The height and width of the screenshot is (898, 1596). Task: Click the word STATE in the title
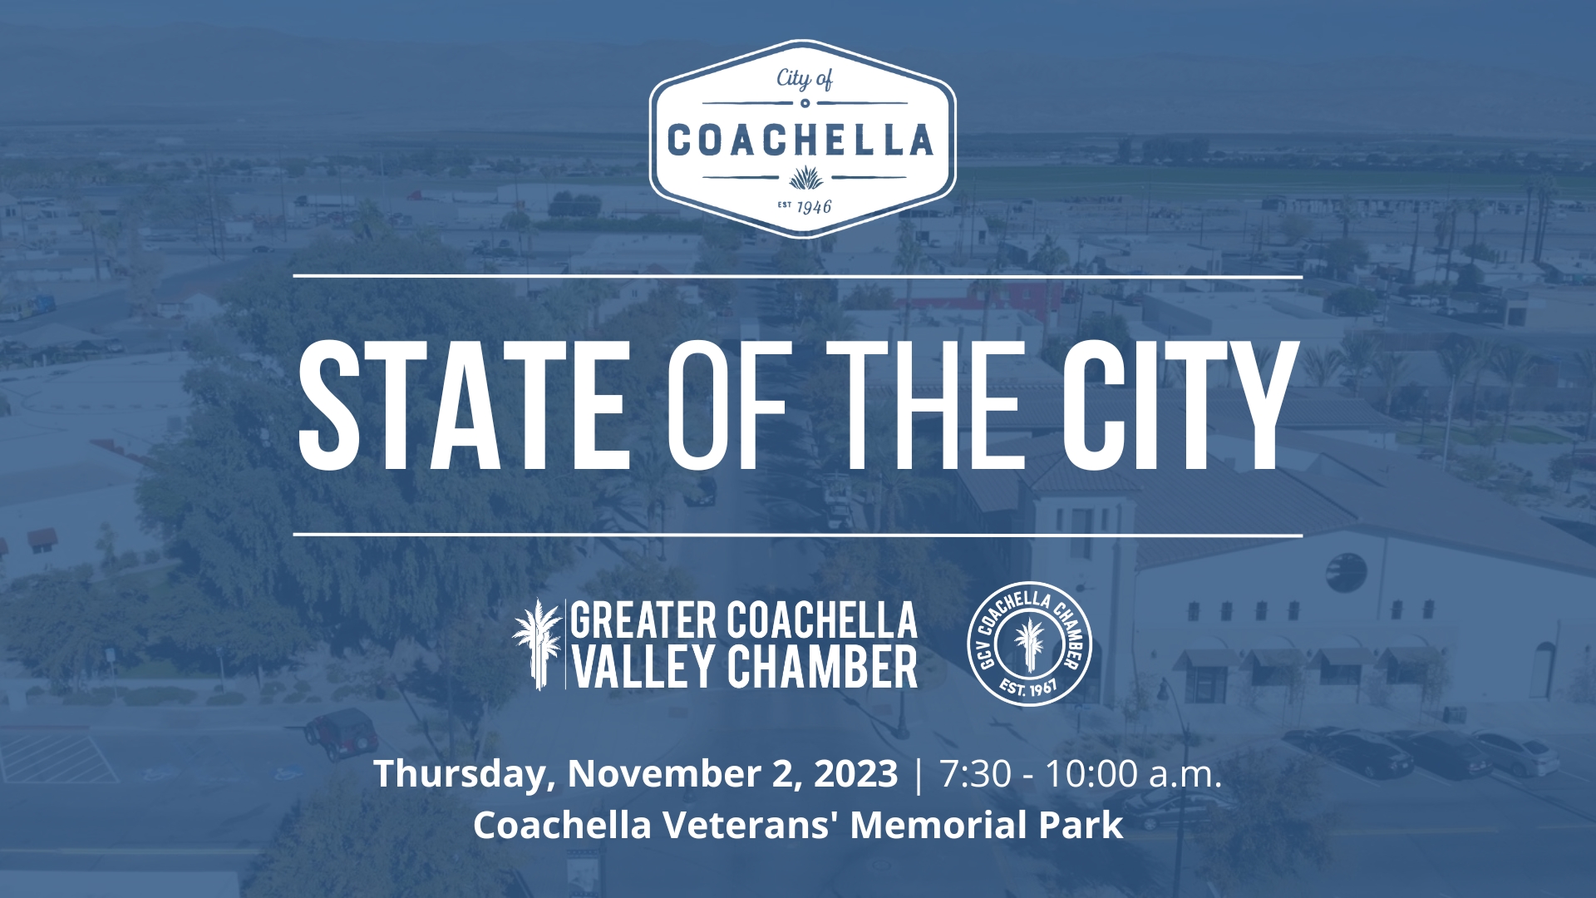point(464,405)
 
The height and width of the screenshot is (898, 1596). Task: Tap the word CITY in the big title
point(1180,405)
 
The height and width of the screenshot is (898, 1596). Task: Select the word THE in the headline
point(924,405)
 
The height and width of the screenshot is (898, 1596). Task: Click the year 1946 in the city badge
point(814,206)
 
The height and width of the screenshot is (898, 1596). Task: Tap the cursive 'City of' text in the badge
point(804,79)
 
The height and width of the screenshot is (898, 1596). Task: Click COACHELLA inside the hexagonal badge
point(800,141)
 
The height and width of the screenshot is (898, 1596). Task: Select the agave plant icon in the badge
point(805,177)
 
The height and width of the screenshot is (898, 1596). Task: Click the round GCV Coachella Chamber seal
point(1029,644)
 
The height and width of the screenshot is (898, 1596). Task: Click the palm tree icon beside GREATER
point(537,644)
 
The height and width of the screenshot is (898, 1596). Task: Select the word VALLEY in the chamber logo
point(644,667)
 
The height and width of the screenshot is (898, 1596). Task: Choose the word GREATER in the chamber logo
point(643,621)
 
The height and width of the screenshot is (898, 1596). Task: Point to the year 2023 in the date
point(855,773)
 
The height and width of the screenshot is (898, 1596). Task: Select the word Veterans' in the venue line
point(751,825)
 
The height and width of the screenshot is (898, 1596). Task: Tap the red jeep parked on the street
point(342,733)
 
